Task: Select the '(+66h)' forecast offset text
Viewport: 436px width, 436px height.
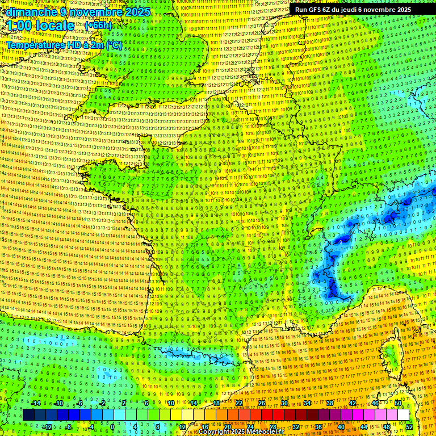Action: (98, 26)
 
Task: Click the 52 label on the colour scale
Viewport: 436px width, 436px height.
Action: (409, 426)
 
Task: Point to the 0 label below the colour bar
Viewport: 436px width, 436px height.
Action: (112, 426)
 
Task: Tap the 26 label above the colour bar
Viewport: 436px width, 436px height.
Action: (262, 403)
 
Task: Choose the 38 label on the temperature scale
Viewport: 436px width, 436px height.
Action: (330, 403)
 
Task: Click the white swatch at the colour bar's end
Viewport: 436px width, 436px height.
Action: (403, 415)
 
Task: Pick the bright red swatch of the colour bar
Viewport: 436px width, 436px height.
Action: (267, 415)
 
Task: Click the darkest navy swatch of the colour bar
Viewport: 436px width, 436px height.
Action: (28, 415)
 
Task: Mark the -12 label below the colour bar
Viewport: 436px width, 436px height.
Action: (48, 426)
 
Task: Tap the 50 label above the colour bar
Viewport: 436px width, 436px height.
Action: (398, 403)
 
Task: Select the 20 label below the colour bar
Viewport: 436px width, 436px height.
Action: (227, 426)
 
